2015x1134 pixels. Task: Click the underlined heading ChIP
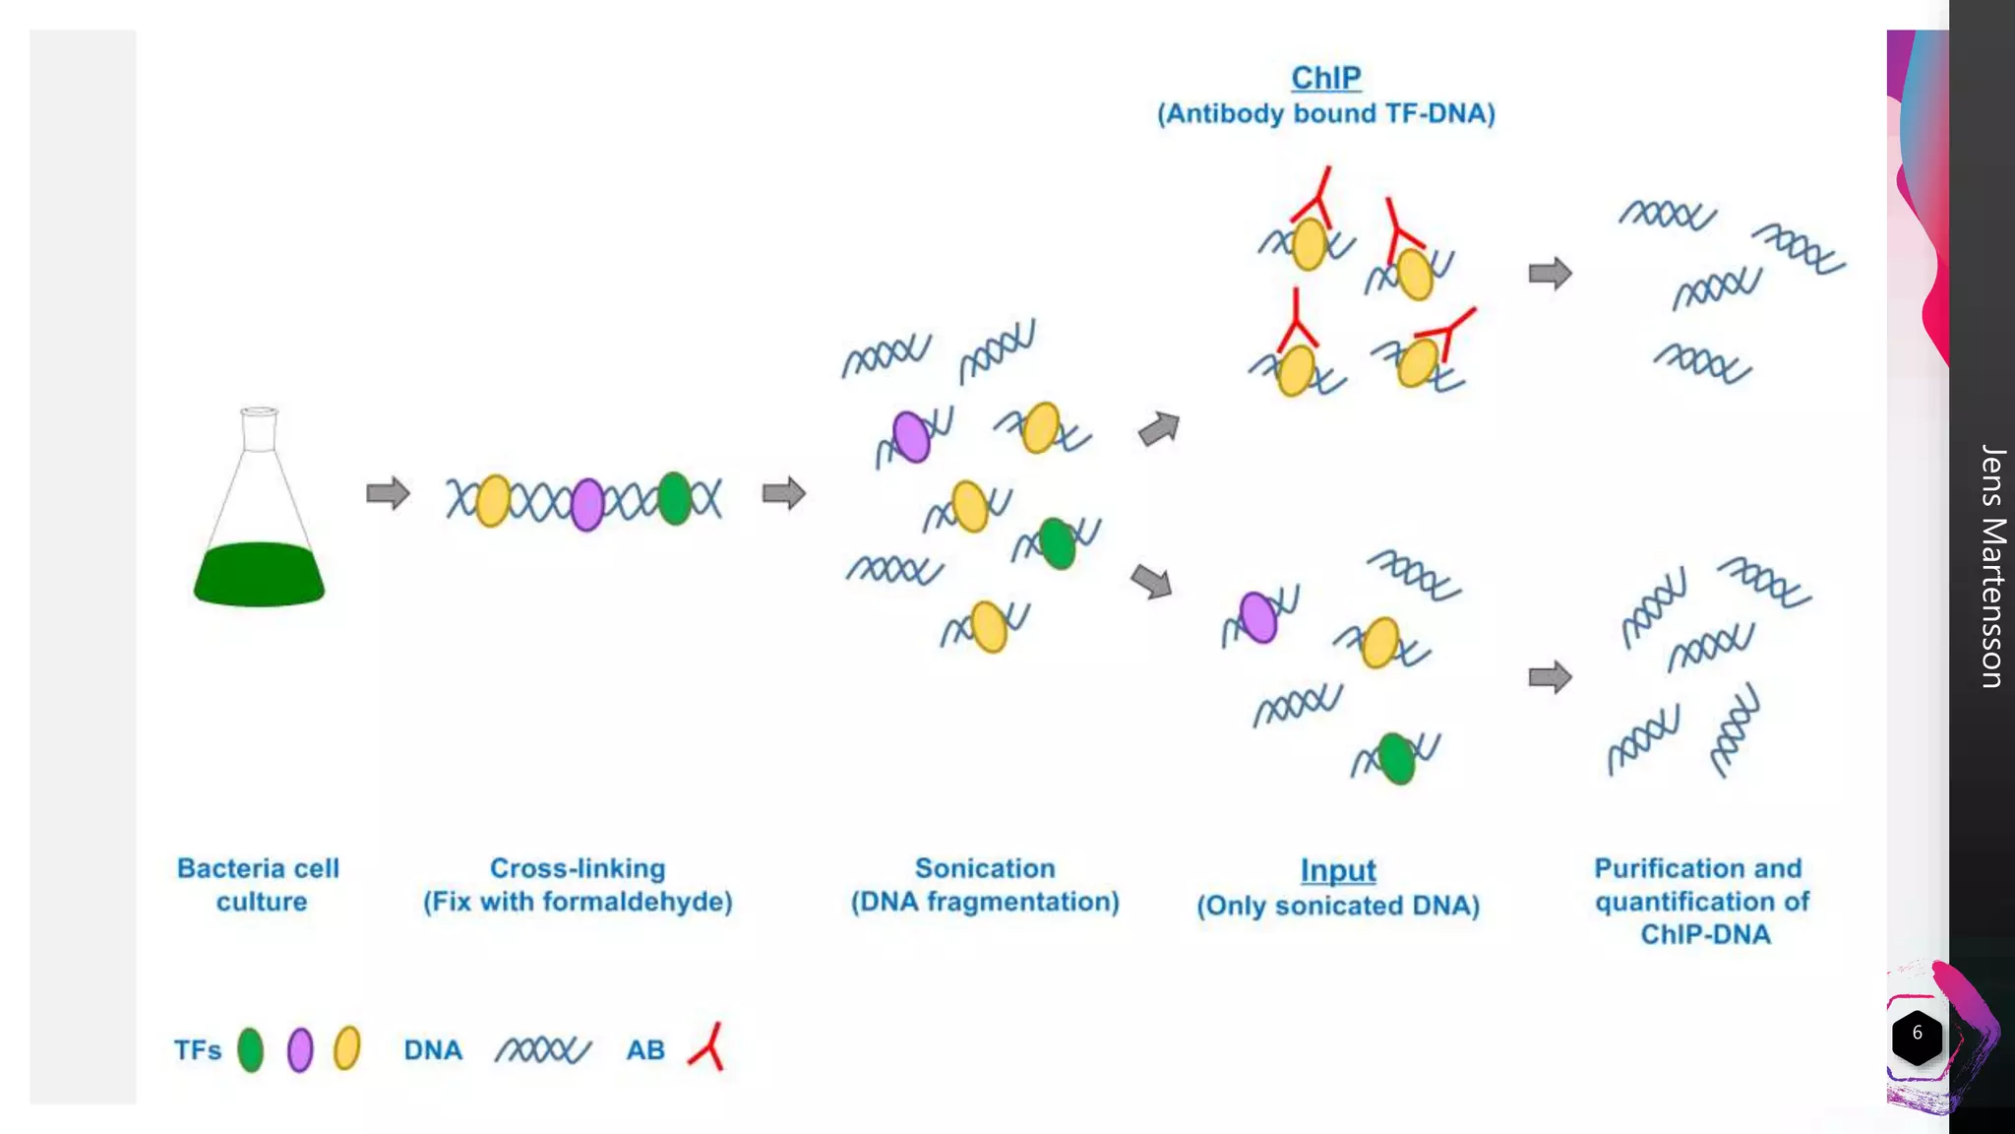(x=1325, y=78)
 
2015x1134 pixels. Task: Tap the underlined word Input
(x=1337, y=870)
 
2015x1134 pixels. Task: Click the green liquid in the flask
(x=259, y=575)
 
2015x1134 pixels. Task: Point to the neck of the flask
(x=259, y=431)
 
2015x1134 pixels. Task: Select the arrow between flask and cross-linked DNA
(x=388, y=493)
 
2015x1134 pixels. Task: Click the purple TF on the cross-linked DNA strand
(x=587, y=504)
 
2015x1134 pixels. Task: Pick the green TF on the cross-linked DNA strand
(x=674, y=498)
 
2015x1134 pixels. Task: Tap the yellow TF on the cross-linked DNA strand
(x=493, y=500)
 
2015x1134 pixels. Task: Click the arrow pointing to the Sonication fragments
(x=784, y=493)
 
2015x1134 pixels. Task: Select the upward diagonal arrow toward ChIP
(x=1159, y=428)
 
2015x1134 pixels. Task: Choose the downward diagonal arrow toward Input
(x=1152, y=581)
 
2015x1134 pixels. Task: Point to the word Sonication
(x=985, y=868)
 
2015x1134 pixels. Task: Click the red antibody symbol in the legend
(x=708, y=1047)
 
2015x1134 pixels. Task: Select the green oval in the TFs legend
(x=251, y=1049)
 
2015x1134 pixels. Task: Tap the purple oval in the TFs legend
(x=300, y=1049)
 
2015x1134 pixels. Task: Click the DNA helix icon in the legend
(x=542, y=1050)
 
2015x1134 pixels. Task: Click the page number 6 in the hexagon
(x=1917, y=1034)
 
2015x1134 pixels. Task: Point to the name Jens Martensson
(x=1992, y=566)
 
